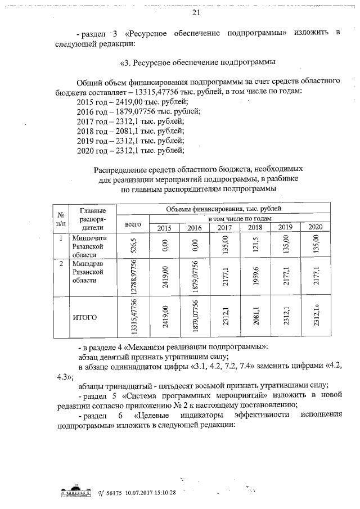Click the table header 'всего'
[133, 223]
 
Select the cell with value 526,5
[134, 246]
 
